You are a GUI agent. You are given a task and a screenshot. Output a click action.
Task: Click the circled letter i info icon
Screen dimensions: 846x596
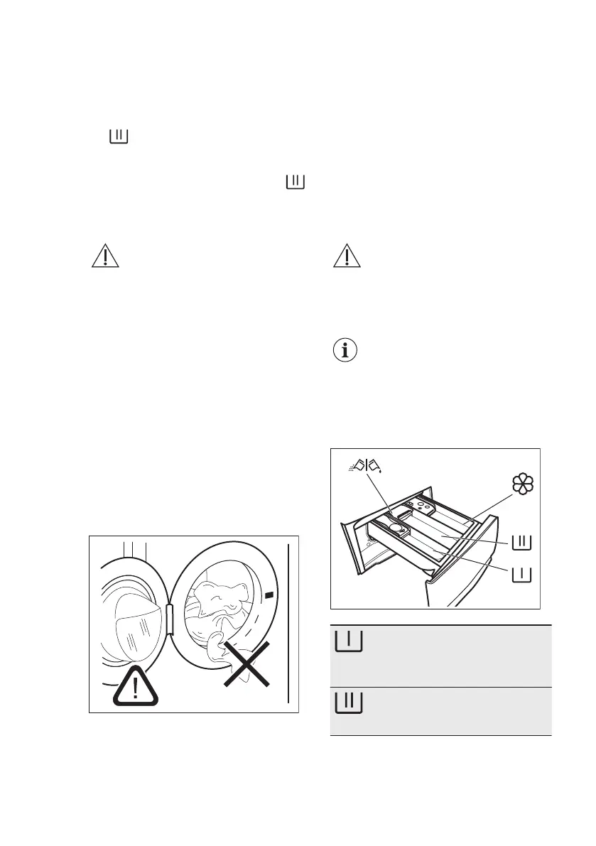coord(347,352)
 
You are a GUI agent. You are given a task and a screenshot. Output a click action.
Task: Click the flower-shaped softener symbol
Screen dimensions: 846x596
coord(523,484)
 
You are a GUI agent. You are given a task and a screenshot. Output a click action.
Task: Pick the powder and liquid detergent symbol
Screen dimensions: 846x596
coord(366,466)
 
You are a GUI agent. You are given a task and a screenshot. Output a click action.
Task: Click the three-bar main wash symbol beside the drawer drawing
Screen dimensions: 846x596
coord(521,542)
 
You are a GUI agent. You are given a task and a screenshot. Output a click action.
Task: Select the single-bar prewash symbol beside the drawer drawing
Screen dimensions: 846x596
coord(521,573)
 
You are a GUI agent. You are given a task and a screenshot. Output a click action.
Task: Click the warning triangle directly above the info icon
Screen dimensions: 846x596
coord(347,256)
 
